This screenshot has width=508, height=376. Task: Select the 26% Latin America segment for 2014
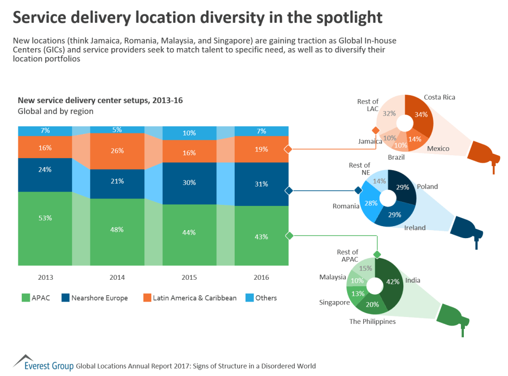117,151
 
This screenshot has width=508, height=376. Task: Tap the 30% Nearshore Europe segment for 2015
189,183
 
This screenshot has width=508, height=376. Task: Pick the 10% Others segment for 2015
189,133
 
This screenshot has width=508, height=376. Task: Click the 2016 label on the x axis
261,277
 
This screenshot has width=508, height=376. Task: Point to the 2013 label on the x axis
45,277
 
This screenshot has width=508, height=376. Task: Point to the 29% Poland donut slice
402,187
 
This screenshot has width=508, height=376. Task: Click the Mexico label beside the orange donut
438,149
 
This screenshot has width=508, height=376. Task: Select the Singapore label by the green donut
334,302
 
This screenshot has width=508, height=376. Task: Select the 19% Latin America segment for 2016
261,149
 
